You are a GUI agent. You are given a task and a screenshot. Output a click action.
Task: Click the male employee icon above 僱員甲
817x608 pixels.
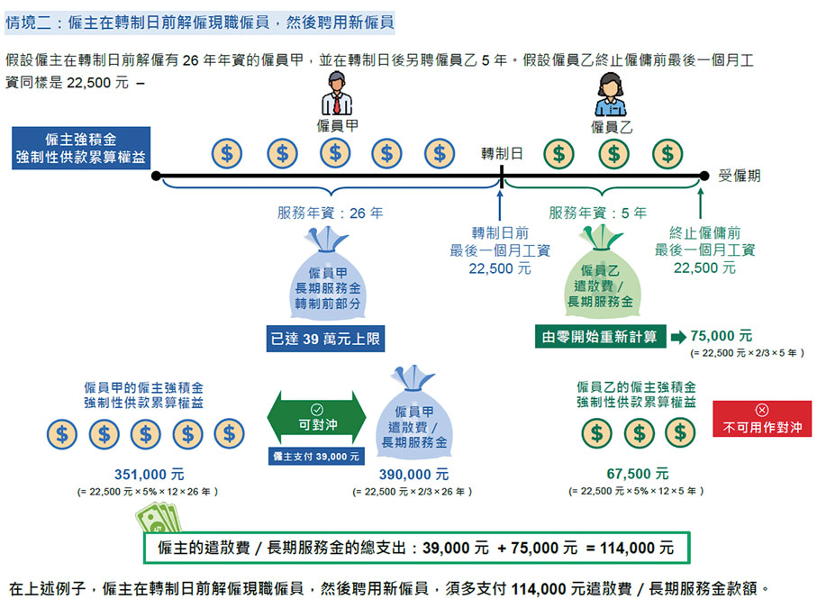[337, 94]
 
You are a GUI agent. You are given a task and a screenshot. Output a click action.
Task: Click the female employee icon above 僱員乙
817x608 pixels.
[610, 95]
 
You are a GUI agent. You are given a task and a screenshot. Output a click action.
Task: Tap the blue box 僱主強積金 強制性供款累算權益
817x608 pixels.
[81, 148]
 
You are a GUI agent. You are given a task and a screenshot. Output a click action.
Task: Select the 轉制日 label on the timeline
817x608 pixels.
[501, 154]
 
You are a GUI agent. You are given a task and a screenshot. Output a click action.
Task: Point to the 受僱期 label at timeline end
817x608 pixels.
[739, 176]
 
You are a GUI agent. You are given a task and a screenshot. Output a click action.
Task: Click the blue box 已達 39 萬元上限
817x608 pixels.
[325, 339]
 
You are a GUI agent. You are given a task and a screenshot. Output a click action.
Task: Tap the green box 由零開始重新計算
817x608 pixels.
[600, 337]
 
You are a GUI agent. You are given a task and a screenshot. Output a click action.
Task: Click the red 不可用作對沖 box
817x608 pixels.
[762, 419]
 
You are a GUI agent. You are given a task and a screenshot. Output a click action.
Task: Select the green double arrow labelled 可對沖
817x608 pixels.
[316, 417]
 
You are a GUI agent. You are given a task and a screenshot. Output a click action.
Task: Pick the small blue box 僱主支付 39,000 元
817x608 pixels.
[316, 457]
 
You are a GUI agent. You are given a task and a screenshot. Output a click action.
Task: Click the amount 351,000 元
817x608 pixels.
[149, 475]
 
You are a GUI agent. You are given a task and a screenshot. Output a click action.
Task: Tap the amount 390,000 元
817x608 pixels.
[413, 475]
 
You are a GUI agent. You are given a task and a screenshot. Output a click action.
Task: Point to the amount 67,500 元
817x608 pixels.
[637, 474]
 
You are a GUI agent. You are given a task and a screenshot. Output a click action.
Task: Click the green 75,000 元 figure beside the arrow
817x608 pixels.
[722, 336]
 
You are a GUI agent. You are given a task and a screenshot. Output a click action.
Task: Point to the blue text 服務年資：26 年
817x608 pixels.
[330, 213]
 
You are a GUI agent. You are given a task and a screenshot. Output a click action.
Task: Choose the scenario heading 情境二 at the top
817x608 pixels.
[28, 23]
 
